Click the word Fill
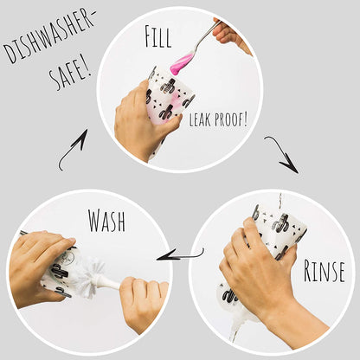158,36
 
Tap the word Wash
106,221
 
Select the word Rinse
324,271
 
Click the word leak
200,119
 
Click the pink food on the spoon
181,63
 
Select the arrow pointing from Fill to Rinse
284,153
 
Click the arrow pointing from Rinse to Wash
180,255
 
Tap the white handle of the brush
111,282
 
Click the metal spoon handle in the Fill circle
205,36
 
